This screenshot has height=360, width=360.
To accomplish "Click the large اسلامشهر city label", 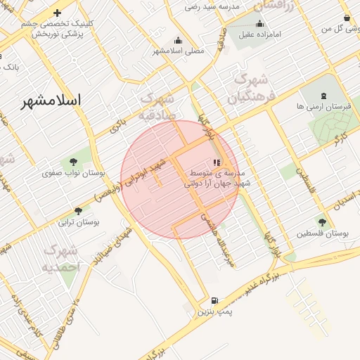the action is (50, 101).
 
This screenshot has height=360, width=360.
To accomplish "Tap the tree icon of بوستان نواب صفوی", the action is (73, 162).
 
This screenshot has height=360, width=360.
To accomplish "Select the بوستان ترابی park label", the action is (78, 222).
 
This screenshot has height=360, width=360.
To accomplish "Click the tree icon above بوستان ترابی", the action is (78, 210).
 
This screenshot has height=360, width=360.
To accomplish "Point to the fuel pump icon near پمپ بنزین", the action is (214, 300).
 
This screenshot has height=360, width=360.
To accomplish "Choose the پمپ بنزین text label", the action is (214, 310).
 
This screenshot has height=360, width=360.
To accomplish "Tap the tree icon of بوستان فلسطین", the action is (322, 222).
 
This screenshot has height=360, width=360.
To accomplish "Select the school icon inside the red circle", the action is (216, 162).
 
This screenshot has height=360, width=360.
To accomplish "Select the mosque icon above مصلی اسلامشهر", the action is (178, 40).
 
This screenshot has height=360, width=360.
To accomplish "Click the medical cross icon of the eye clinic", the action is (57, 13).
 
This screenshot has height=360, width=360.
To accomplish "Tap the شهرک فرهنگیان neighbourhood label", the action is (250, 87).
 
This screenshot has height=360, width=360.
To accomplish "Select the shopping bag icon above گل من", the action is (347, 18).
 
